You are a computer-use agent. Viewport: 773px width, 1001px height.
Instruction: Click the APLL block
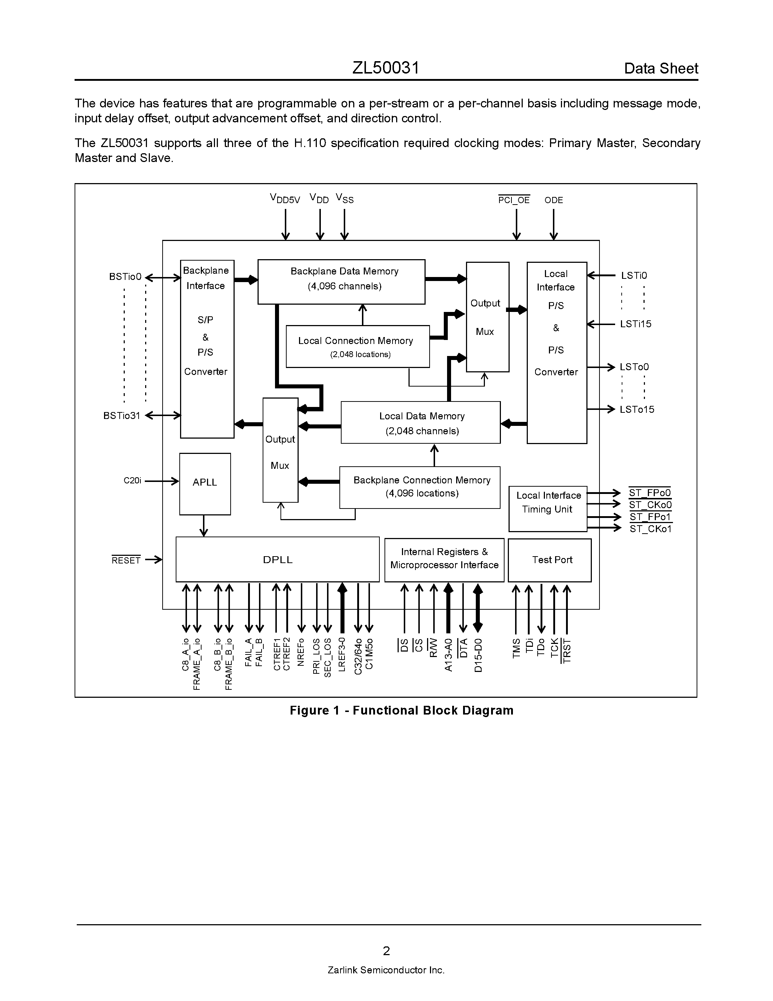coord(205,483)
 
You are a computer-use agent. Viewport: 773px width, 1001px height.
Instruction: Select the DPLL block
coord(278,559)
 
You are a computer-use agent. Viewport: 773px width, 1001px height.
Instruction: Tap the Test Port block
coord(550,559)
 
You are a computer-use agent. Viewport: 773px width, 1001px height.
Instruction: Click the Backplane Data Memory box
coord(341,281)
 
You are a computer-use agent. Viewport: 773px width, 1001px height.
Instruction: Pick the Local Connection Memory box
coord(357,346)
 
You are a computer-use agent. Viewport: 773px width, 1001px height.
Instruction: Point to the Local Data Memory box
coord(421,422)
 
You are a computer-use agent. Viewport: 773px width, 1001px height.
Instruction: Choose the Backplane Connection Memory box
coord(419,487)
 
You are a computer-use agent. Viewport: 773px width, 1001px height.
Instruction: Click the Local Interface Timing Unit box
coord(548,508)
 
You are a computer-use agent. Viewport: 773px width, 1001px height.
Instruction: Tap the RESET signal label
coord(126,560)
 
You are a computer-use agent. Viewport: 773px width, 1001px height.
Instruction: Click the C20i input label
coord(132,480)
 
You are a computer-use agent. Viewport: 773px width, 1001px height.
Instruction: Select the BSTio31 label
coord(121,415)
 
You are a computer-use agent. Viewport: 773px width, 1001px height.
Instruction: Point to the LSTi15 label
coord(635,324)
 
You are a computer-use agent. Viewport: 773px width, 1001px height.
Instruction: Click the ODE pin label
coord(554,200)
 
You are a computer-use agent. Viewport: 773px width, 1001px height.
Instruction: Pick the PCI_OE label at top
coord(514,200)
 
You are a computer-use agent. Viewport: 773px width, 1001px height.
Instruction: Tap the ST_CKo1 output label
coord(650,529)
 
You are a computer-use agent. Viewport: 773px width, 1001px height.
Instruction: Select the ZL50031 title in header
coord(386,68)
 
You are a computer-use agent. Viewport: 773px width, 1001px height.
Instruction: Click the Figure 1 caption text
coord(402,710)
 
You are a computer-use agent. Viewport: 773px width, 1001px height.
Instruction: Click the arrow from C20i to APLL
coord(162,481)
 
